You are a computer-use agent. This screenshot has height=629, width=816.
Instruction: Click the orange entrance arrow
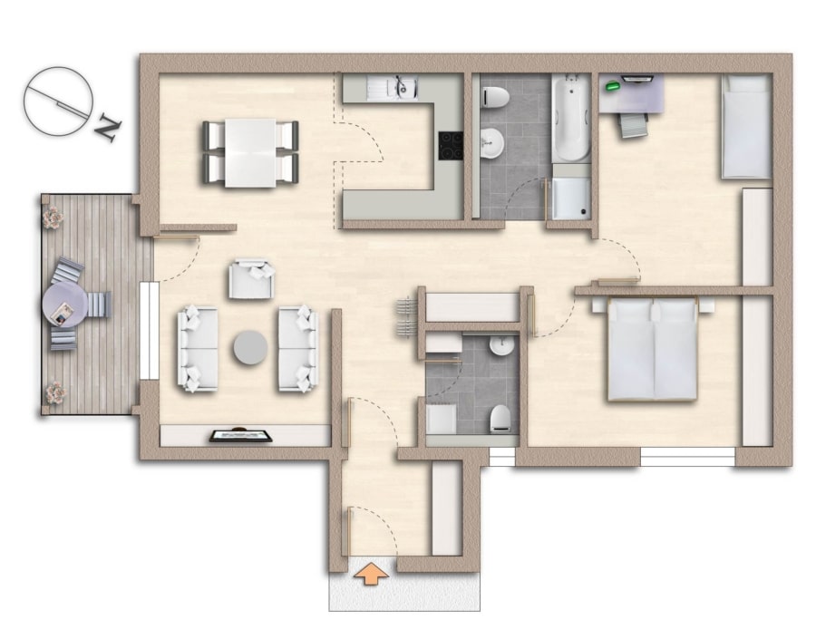coord(371,572)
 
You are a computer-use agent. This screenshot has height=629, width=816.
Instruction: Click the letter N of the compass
coord(108,128)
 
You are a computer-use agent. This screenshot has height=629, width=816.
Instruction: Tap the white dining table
coord(250,153)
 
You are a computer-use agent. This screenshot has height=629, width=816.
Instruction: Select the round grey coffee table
coord(250,347)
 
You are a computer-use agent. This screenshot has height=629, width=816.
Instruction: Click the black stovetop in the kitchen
coord(451,146)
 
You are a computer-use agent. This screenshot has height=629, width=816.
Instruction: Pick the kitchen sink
coord(392,87)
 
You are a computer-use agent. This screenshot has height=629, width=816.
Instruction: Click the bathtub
coord(571,119)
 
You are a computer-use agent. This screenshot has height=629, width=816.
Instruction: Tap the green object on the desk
coord(614,85)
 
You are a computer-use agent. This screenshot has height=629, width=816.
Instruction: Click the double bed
coord(653,350)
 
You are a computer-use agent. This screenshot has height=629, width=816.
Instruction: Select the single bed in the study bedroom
coord(746,126)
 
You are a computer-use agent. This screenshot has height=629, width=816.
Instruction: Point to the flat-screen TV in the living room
coord(241,435)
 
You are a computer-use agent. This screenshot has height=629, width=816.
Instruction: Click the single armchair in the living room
coord(252,279)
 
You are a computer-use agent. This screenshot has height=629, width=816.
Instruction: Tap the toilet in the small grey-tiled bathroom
coord(500,419)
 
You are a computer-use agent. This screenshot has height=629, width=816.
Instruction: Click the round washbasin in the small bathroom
coord(502,346)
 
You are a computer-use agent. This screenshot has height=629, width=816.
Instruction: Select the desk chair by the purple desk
coord(634,125)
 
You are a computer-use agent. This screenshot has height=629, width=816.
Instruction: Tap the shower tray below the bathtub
coord(571,198)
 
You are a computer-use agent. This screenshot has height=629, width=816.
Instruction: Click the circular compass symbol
coord(58,102)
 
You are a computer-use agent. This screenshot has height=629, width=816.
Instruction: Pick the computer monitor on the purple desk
coord(637,79)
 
